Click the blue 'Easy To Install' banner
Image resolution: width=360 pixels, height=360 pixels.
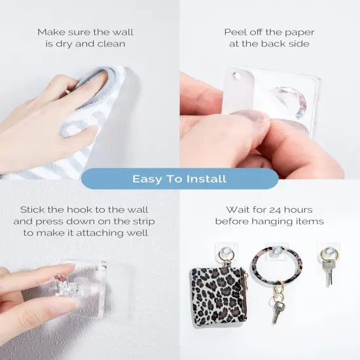(x=179, y=179)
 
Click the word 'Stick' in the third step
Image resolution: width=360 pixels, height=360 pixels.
(x=33, y=209)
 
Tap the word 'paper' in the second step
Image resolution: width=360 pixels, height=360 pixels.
(x=298, y=31)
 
